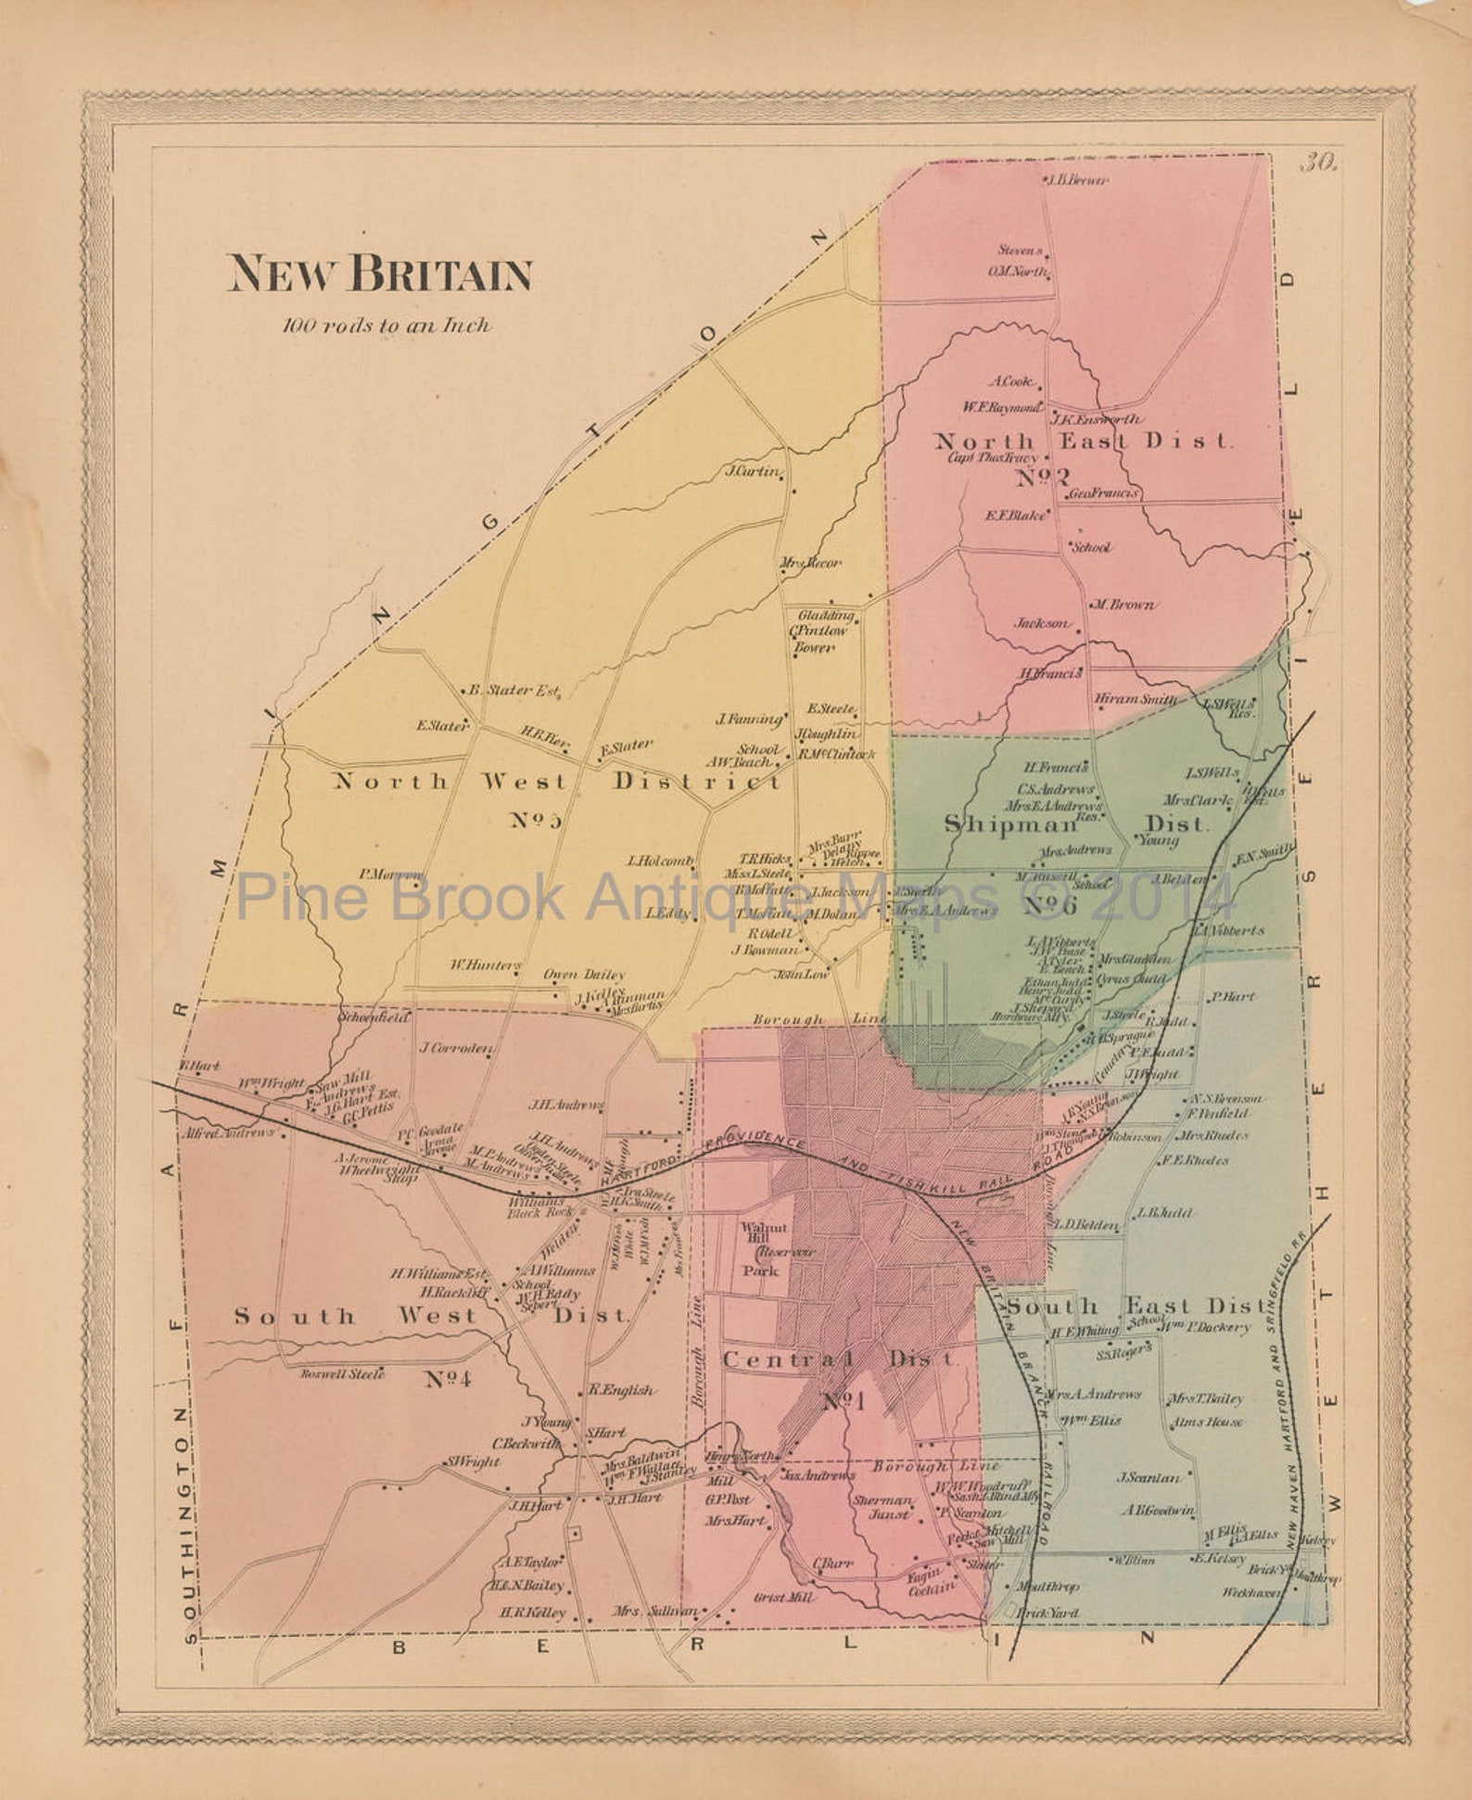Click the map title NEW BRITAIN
pyautogui.click(x=381, y=274)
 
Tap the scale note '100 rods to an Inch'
pyautogui.click(x=387, y=326)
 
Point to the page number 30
pyautogui.click(x=1317, y=164)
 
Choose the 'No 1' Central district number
pyautogui.click(x=843, y=1401)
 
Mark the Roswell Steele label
pyautogui.click(x=341, y=1374)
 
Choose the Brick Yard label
pyautogui.click(x=1047, y=1613)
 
